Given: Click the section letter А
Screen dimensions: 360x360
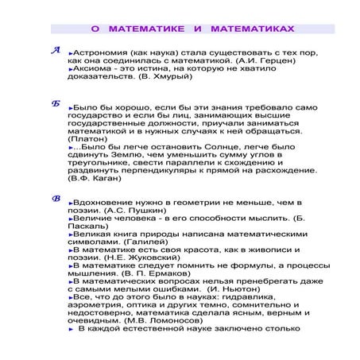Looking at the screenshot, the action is coord(55,50).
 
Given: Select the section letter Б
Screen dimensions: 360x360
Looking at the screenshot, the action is coord(55,104).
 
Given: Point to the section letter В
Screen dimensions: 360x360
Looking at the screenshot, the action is coord(55,199).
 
